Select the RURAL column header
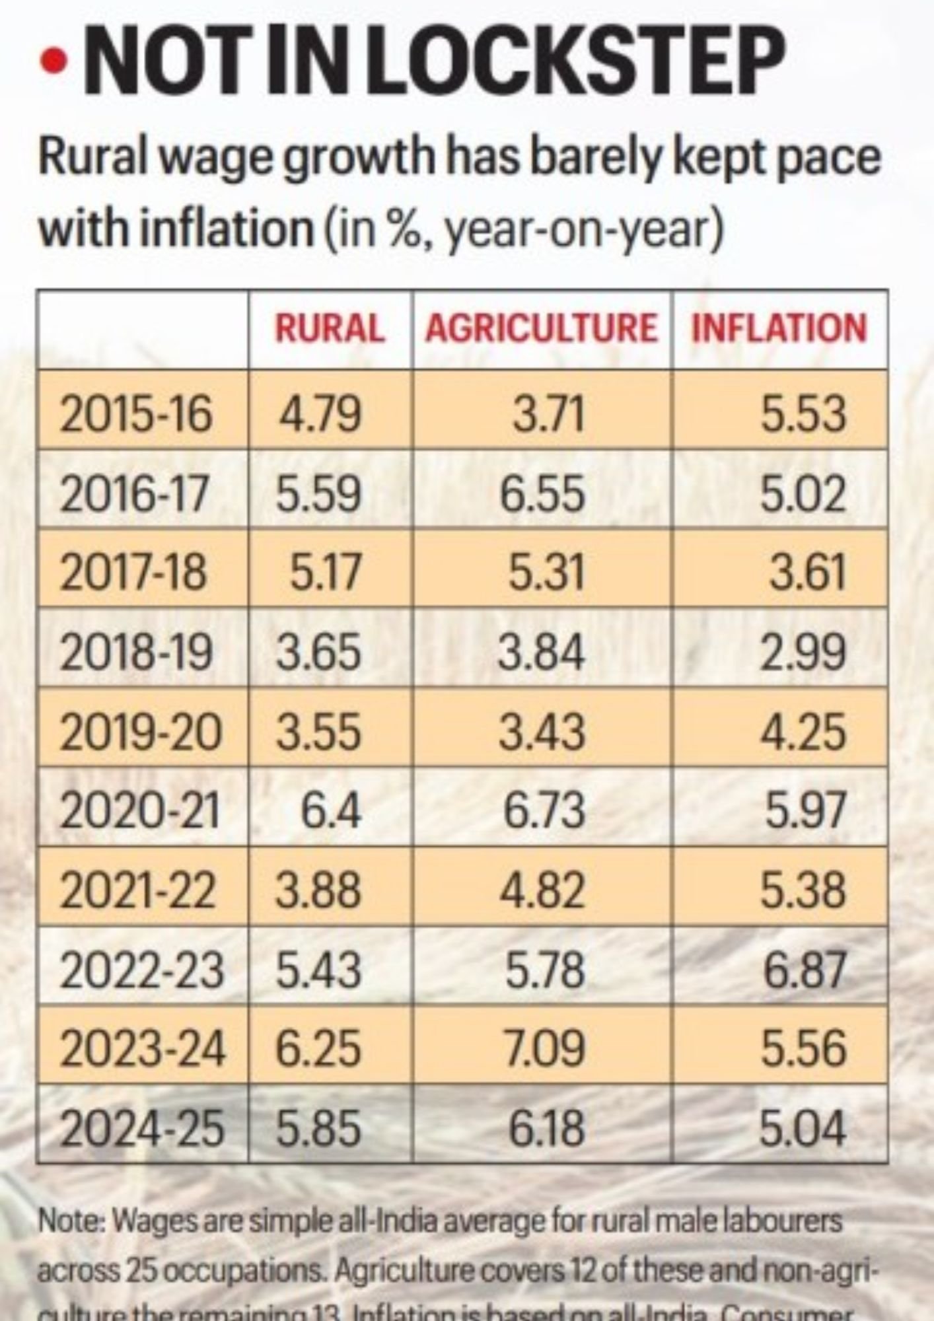tap(330, 328)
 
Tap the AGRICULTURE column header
tap(541, 328)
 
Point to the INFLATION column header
tap(779, 328)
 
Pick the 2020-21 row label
tap(139, 810)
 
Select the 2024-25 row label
tap(142, 1127)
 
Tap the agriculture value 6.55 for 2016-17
tap(542, 494)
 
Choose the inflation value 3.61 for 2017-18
tap(807, 572)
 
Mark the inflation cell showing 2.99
tap(803, 652)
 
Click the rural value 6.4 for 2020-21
tap(331, 810)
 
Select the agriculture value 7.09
tap(544, 1048)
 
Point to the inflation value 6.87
tap(805, 969)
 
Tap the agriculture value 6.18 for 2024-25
tap(546, 1127)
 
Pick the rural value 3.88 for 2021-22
tap(318, 890)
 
